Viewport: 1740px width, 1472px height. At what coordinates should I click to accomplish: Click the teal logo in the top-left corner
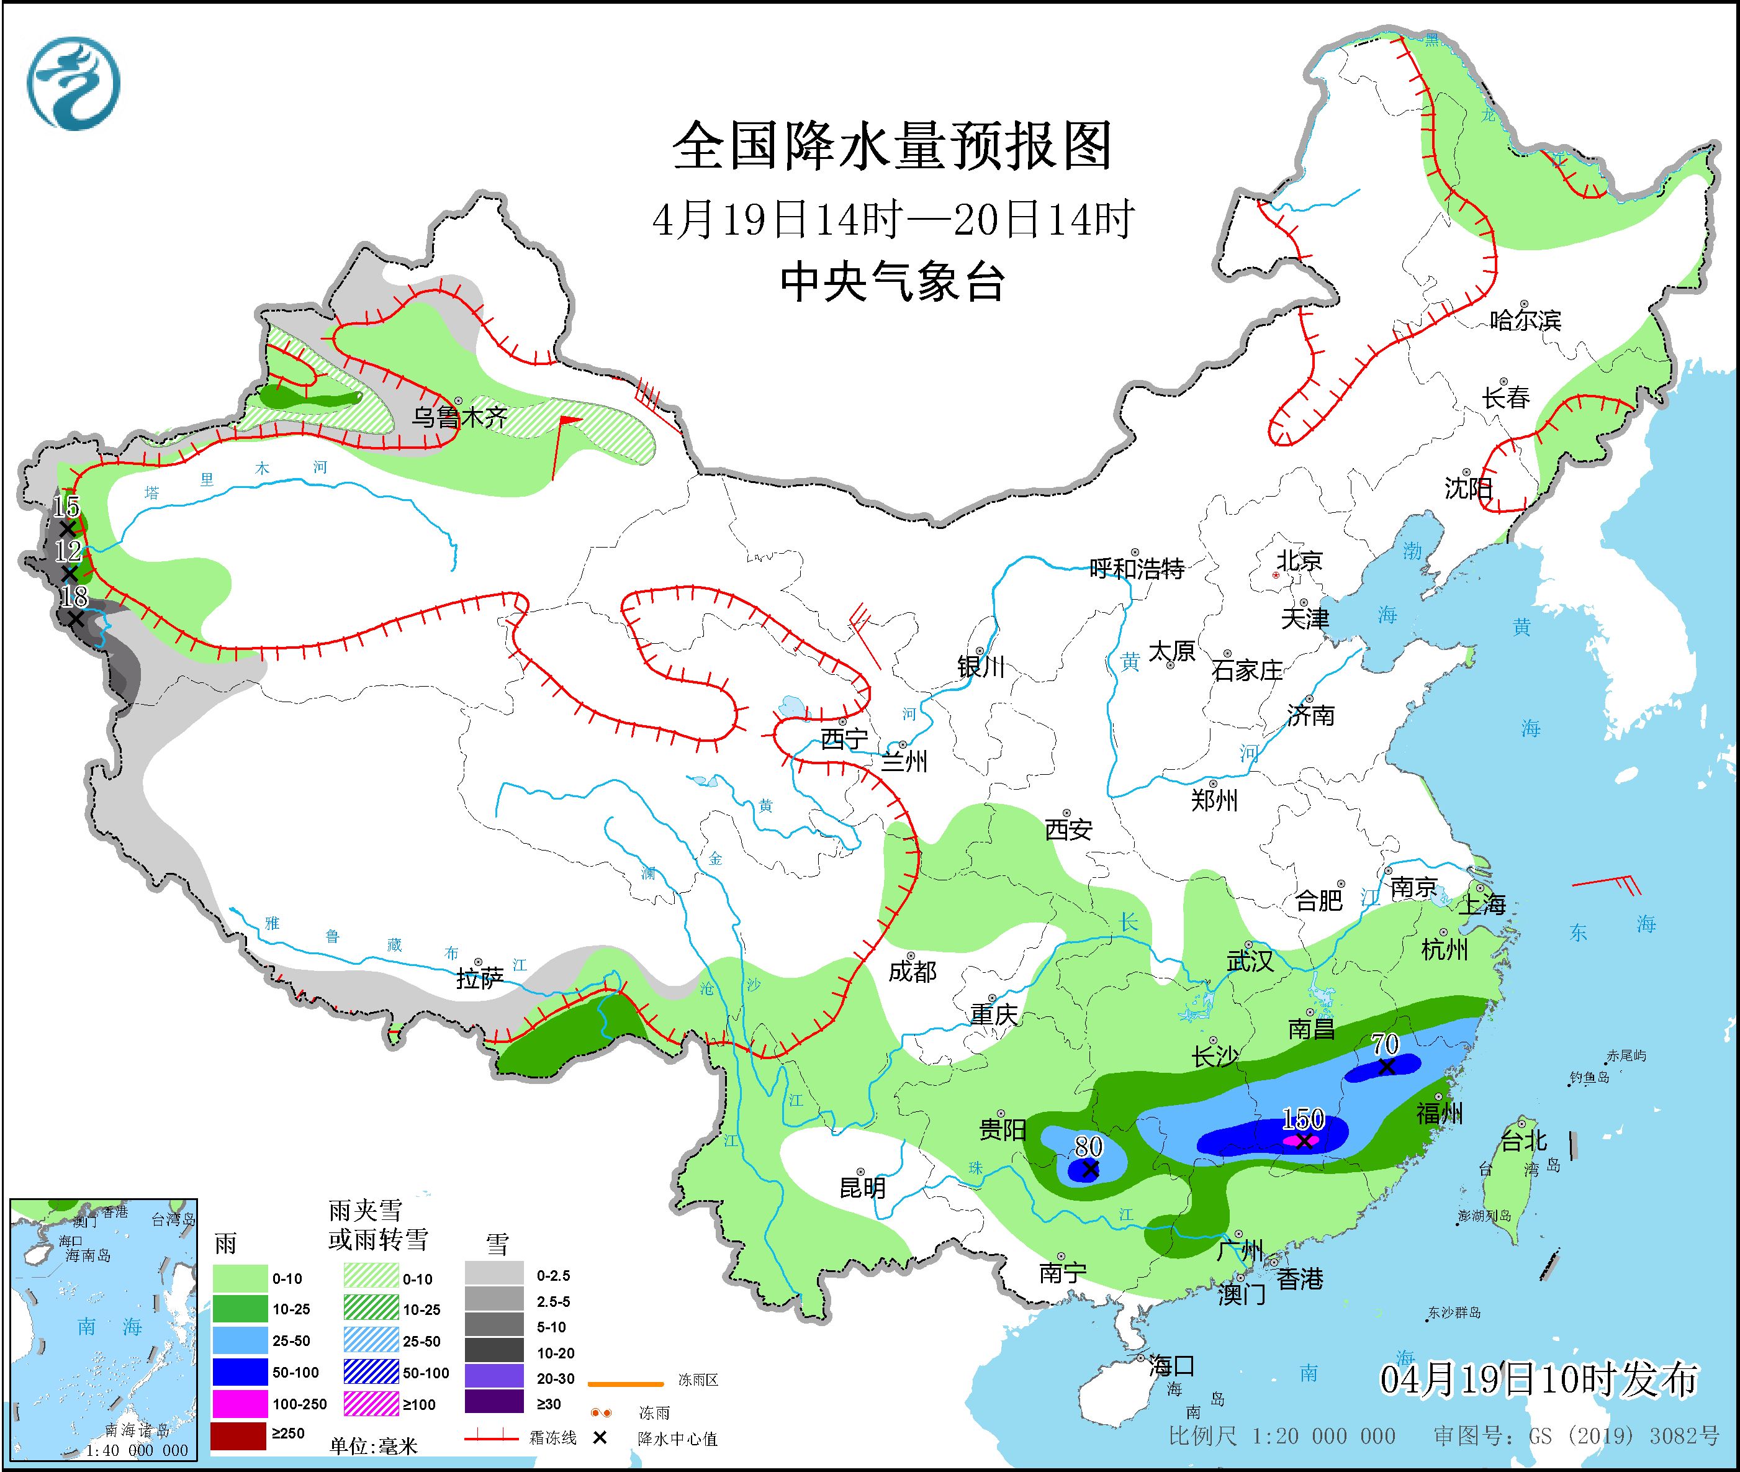73,83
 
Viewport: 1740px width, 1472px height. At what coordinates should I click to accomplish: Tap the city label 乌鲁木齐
459,417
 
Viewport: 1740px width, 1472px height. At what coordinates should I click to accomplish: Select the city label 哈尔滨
1525,320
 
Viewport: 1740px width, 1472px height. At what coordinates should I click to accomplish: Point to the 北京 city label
1299,560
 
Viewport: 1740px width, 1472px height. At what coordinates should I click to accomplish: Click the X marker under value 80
1089,1170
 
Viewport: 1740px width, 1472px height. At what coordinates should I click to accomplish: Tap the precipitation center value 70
1386,1044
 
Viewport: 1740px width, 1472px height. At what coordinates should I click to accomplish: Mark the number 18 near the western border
73,596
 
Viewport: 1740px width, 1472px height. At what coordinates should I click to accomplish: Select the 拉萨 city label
480,979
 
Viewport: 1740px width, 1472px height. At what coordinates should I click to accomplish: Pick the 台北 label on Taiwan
1524,1140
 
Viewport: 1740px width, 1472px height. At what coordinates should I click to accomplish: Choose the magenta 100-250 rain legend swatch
238,1404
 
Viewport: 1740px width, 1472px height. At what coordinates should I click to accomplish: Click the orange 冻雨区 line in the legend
626,1384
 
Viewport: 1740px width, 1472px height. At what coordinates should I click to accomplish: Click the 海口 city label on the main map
1171,1366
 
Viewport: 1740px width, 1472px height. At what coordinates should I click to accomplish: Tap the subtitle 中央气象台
891,281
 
